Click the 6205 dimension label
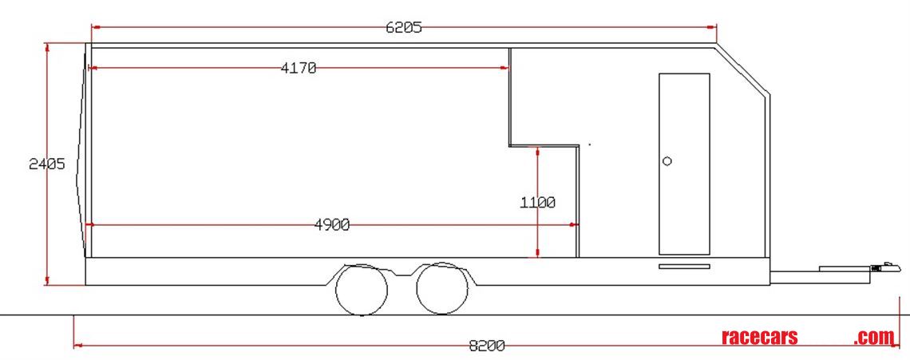pyautogui.click(x=404, y=27)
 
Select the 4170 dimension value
pyautogui.click(x=299, y=69)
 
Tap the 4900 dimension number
pyautogui.click(x=332, y=225)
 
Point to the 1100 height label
pyautogui.click(x=538, y=203)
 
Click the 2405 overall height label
pyautogui.click(x=46, y=164)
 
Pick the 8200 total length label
pyautogui.click(x=486, y=346)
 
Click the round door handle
pyautogui.click(x=667, y=160)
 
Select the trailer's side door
pyautogui.click(x=684, y=164)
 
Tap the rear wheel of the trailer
pyautogui.click(x=362, y=290)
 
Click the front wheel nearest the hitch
pyautogui.click(x=442, y=289)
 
